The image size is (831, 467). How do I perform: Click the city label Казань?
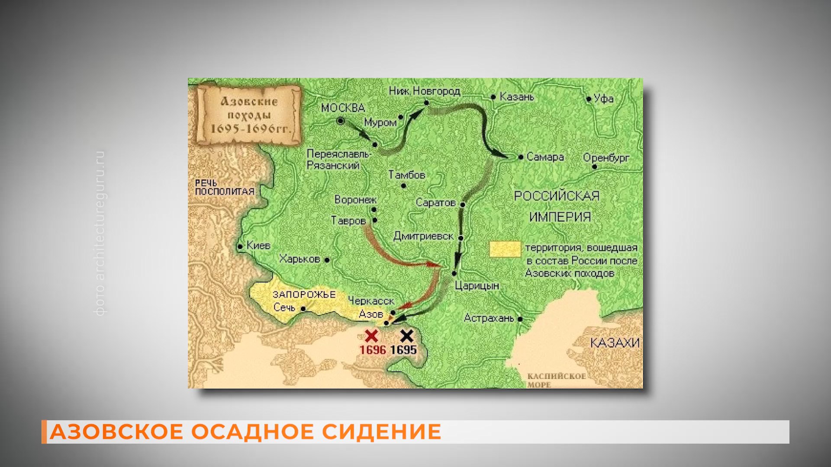517,97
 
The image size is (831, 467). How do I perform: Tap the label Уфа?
604,99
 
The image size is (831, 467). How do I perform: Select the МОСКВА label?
343,108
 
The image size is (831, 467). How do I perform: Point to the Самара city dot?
521,157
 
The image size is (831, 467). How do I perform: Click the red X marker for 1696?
371,336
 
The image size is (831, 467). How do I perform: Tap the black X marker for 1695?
406,336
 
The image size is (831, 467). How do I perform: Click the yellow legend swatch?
505,249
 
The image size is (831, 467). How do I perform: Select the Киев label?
258,246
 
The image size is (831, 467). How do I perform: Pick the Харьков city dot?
327,260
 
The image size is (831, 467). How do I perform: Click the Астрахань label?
489,319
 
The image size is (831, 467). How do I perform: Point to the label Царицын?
477,286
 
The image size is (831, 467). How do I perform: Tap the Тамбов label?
407,175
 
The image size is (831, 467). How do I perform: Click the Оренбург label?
606,158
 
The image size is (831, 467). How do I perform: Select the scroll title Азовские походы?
249,115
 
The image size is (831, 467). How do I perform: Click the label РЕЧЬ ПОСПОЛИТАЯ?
224,188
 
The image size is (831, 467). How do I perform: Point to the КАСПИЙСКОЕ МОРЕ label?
556,380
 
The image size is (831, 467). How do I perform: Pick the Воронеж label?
355,200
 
